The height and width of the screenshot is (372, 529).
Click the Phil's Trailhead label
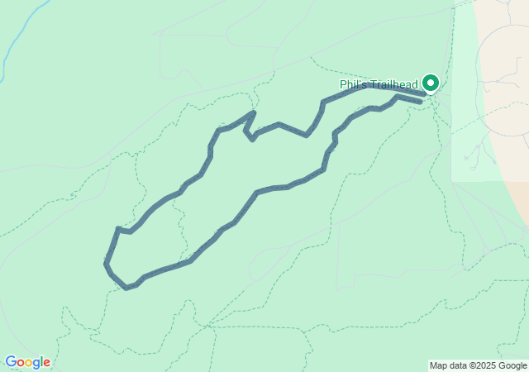click(x=379, y=84)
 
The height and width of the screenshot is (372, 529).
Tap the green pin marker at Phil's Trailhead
click(x=431, y=83)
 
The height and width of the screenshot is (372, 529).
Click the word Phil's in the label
click(x=351, y=84)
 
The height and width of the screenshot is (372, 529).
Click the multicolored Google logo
click(x=27, y=362)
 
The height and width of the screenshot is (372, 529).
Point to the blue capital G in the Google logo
click(x=11, y=362)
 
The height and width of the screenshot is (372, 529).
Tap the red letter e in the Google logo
click(x=46, y=363)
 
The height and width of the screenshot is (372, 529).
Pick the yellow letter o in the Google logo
click(x=29, y=363)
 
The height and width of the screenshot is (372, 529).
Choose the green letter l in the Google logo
click(x=41, y=362)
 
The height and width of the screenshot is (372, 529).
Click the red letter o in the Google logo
click(x=21, y=363)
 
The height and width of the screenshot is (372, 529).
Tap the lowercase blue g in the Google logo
click(x=36, y=364)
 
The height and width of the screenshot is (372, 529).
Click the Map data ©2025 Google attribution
click(x=478, y=365)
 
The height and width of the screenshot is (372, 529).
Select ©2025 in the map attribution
click(x=485, y=365)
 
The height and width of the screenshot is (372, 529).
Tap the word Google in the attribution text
click(x=512, y=365)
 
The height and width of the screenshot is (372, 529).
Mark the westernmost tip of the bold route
click(x=106, y=264)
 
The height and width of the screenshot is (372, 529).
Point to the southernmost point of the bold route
click(x=126, y=288)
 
